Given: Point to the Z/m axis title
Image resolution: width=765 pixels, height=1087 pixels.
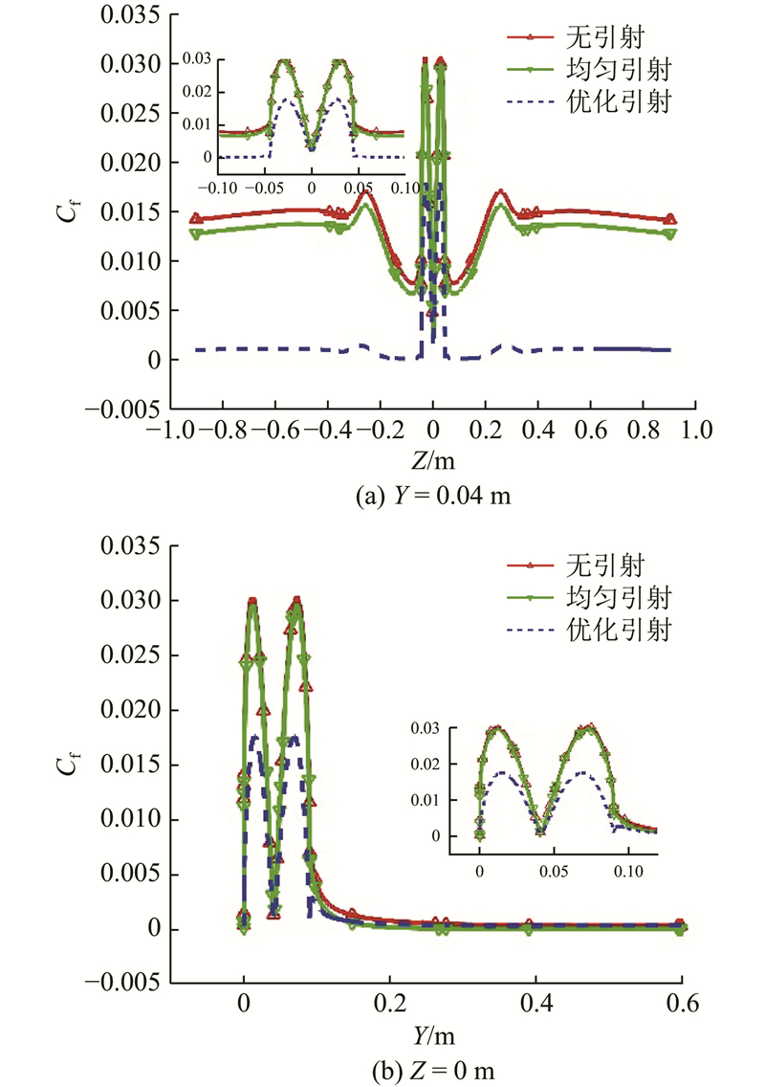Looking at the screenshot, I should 432,461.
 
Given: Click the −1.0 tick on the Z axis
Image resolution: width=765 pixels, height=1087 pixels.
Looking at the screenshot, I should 164,432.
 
